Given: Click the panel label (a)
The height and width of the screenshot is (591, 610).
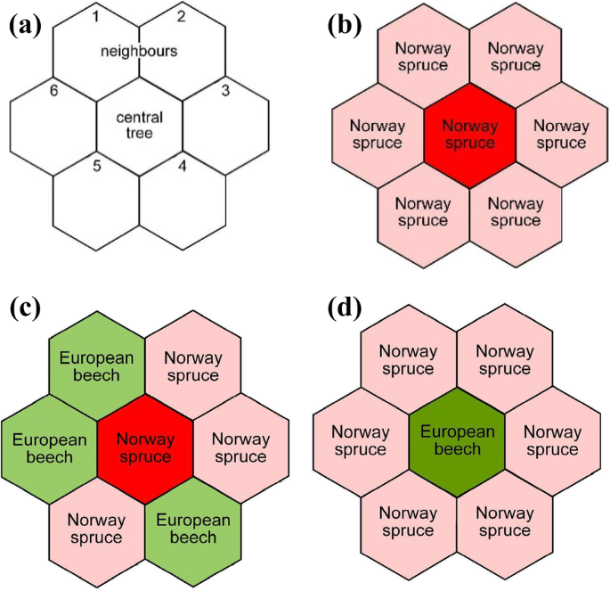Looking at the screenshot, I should point(24,26).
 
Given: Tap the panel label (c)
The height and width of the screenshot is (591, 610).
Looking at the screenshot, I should point(24,310).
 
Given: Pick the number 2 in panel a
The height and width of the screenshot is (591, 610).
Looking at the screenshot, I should point(181,15).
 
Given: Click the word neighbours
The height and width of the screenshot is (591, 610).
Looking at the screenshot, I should point(139,51).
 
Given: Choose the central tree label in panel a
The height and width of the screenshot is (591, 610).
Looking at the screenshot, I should point(139,125).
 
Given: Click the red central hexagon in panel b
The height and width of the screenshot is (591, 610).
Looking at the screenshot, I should point(470,135).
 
